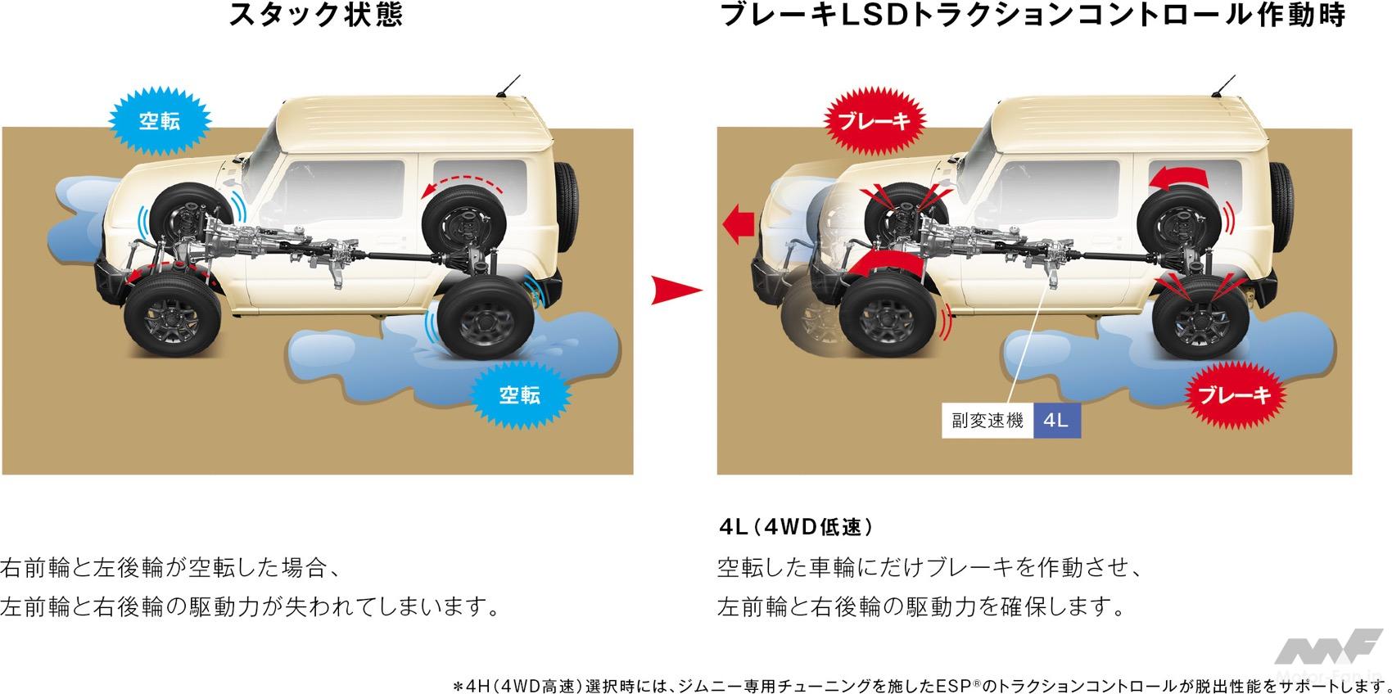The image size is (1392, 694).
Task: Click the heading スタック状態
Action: pos(316,15)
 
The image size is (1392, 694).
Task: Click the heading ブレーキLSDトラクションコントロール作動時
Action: pos(1033,15)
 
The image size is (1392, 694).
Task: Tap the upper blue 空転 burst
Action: pos(160,120)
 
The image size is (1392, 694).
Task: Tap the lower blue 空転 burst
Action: pos(519,394)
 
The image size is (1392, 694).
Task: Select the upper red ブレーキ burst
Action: pos(875,120)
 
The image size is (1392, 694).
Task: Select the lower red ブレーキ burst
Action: pos(1234,394)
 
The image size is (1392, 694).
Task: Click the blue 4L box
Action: pos(1056,421)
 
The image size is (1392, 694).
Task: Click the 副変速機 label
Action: pos(988,421)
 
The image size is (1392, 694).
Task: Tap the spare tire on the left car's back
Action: pos(566,206)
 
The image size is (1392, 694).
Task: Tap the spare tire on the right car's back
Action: pos(1281,206)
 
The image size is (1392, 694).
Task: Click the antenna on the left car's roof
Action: pos(508,87)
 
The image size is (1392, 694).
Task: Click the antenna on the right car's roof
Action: pos(1223,87)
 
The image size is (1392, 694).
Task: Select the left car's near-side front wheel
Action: pos(173,316)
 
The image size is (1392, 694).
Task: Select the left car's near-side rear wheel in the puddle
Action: pos(486,318)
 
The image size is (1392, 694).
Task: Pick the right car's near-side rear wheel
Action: pos(1200,318)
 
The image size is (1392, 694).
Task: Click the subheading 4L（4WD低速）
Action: pos(796,527)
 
